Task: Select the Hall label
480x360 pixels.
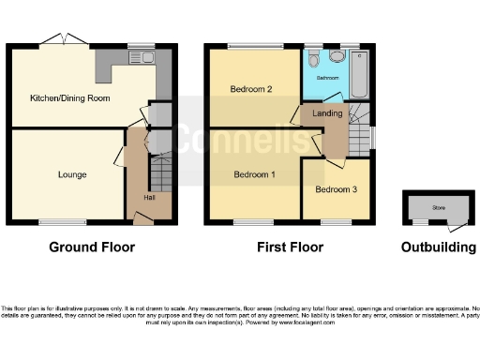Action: [x=149, y=197]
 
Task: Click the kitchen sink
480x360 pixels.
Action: [x=148, y=58]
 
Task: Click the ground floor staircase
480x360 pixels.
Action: [x=158, y=174]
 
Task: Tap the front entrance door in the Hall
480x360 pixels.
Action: [x=143, y=219]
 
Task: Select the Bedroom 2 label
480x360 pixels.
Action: [x=250, y=90]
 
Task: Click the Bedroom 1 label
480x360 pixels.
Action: [x=255, y=175]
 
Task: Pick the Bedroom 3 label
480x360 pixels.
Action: [x=336, y=190]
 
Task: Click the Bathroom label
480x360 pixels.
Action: [x=326, y=78]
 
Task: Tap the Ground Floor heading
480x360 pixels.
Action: [x=91, y=247]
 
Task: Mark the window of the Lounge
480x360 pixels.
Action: [x=52, y=222]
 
